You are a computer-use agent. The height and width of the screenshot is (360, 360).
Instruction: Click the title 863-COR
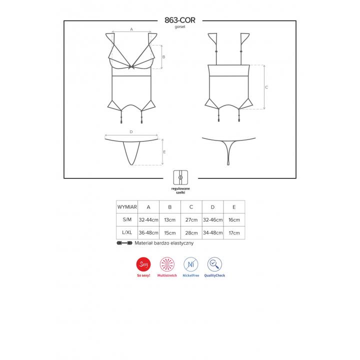tap(180, 20)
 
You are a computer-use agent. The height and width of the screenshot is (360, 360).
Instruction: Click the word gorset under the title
tap(180, 27)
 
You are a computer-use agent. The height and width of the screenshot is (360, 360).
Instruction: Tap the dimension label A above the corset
tap(131, 29)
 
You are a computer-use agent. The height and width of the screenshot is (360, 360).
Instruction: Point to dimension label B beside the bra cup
tap(163, 57)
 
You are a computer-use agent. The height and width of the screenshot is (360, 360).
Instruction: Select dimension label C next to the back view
tap(266, 87)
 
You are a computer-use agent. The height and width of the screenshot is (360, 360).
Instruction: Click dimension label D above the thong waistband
tap(131, 132)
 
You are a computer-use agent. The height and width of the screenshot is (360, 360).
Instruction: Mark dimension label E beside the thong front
tap(164, 152)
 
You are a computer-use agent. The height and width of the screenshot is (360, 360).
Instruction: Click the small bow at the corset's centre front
tap(131, 67)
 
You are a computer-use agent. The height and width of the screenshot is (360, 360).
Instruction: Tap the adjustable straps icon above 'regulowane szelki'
tap(180, 177)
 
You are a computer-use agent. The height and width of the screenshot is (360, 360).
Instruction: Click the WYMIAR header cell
tap(127, 207)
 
